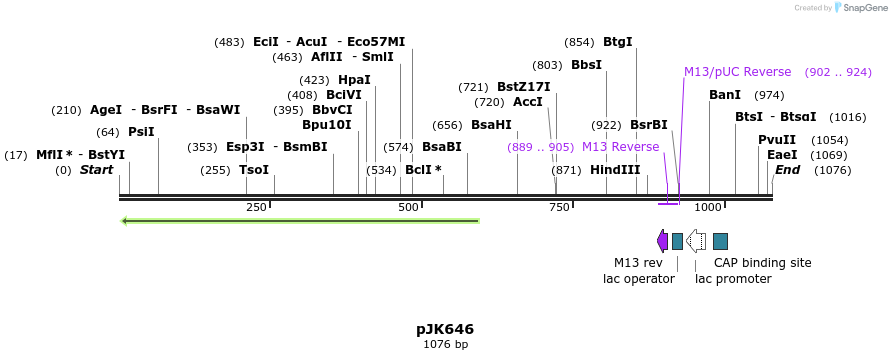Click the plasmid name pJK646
pyautogui.click(x=445, y=329)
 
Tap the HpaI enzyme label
pyautogui.click(x=354, y=80)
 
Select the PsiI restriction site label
pyautogui.click(x=141, y=132)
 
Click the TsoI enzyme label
pyautogui.click(x=254, y=170)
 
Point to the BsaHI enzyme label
pyautogui.click(x=491, y=125)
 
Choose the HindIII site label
pyautogui.click(x=615, y=170)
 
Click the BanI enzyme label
pyautogui.click(x=725, y=95)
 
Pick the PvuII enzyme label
pyautogui.click(x=777, y=140)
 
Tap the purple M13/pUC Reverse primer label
pyautogui.click(x=737, y=72)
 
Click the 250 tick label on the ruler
pyautogui.click(x=256, y=207)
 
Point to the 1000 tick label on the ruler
pyautogui.click(x=708, y=207)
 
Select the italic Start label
pyautogui.click(x=97, y=170)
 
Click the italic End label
pyautogui.click(x=787, y=170)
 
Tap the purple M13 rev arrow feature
pyautogui.click(x=662, y=241)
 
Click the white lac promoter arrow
pyautogui.click(x=696, y=241)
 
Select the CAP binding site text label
pyautogui.click(x=762, y=263)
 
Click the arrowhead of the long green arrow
pyautogui.click(x=125, y=221)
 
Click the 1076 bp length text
pyautogui.click(x=445, y=345)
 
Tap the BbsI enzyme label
pyautogui.click(x=586, y=65)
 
